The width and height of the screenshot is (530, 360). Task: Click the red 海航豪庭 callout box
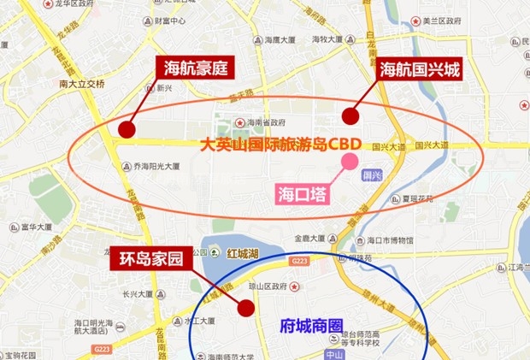point(195,68)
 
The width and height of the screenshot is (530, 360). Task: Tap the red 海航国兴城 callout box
point(420,68)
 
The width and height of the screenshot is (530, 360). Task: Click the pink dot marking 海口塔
point(350,160)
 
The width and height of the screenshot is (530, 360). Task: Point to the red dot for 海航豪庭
point(127,129)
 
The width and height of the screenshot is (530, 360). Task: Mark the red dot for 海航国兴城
point(349,115)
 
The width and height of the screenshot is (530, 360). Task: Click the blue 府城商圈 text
point(311,326)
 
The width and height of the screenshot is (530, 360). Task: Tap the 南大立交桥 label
point(82,84)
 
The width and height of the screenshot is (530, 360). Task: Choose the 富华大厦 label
point(37,227)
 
